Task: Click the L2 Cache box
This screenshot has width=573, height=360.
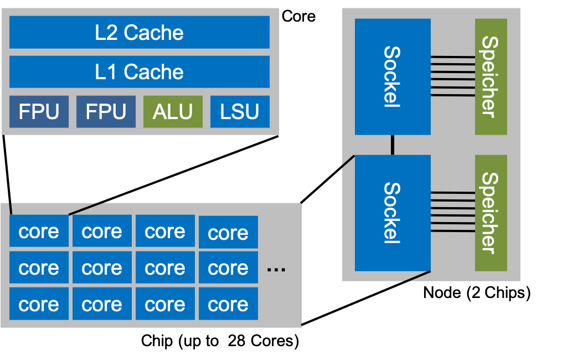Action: tap(139, 32)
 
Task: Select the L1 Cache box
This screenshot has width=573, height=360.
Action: tap(139, 71)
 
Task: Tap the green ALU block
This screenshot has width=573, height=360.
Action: tap(173, 111)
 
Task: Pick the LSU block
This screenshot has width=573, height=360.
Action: tap(240, 111)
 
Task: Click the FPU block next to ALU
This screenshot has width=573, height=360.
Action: tap(106, 111)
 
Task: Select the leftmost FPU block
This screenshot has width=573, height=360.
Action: tap(39, 111)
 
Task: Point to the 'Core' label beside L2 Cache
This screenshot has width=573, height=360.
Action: tap(298, 17)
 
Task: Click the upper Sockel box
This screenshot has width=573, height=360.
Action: tap(393, 77)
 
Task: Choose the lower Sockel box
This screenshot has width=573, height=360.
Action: tap(393, 213)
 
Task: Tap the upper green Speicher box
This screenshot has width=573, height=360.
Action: tap(491, 77)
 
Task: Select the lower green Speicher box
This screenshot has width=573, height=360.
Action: tap(491, 213)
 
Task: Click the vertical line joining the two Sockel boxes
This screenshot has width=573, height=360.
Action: tap(393, 145)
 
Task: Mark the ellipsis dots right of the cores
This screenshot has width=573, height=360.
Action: tap(276, 270)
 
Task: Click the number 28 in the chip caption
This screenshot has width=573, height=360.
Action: tap(236, 341)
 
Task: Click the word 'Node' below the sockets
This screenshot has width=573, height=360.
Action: tap(442, 292)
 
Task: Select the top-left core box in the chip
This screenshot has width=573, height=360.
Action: tap(39, 231)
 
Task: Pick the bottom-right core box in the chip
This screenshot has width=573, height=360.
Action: tap(229, 304)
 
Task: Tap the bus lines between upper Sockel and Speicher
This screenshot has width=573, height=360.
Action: tap(453, 76)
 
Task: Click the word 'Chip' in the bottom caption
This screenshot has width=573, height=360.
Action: tap(157, 341)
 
